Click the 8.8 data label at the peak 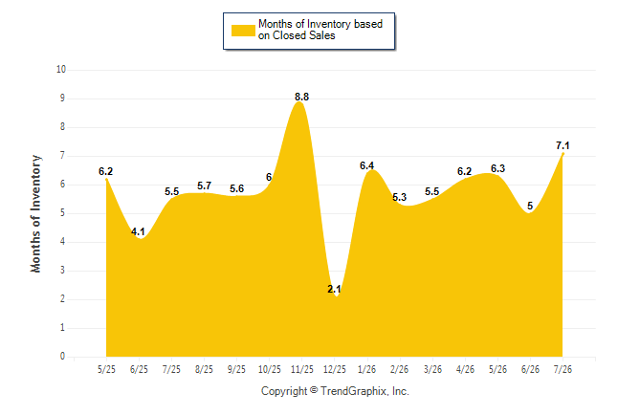[301, 97]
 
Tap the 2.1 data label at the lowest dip [334, 289]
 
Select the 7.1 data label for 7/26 [563, 145]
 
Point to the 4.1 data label [138, 231]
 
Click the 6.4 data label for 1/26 [366, 165]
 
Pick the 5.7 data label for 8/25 [204, 186]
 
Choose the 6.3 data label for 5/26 [497, 168]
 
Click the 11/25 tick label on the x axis [302, 370]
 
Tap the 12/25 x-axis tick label [335, 370]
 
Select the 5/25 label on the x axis [106, 370]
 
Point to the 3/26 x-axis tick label [432, 370]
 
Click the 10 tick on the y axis [61, 70]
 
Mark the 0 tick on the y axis [63, 357]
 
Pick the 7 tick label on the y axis [63, 156]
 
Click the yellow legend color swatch [243, 31]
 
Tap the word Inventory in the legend [329, 24]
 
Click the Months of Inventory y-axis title [35, 213]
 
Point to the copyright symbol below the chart [314, 390]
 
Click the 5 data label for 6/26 [530, 206]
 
